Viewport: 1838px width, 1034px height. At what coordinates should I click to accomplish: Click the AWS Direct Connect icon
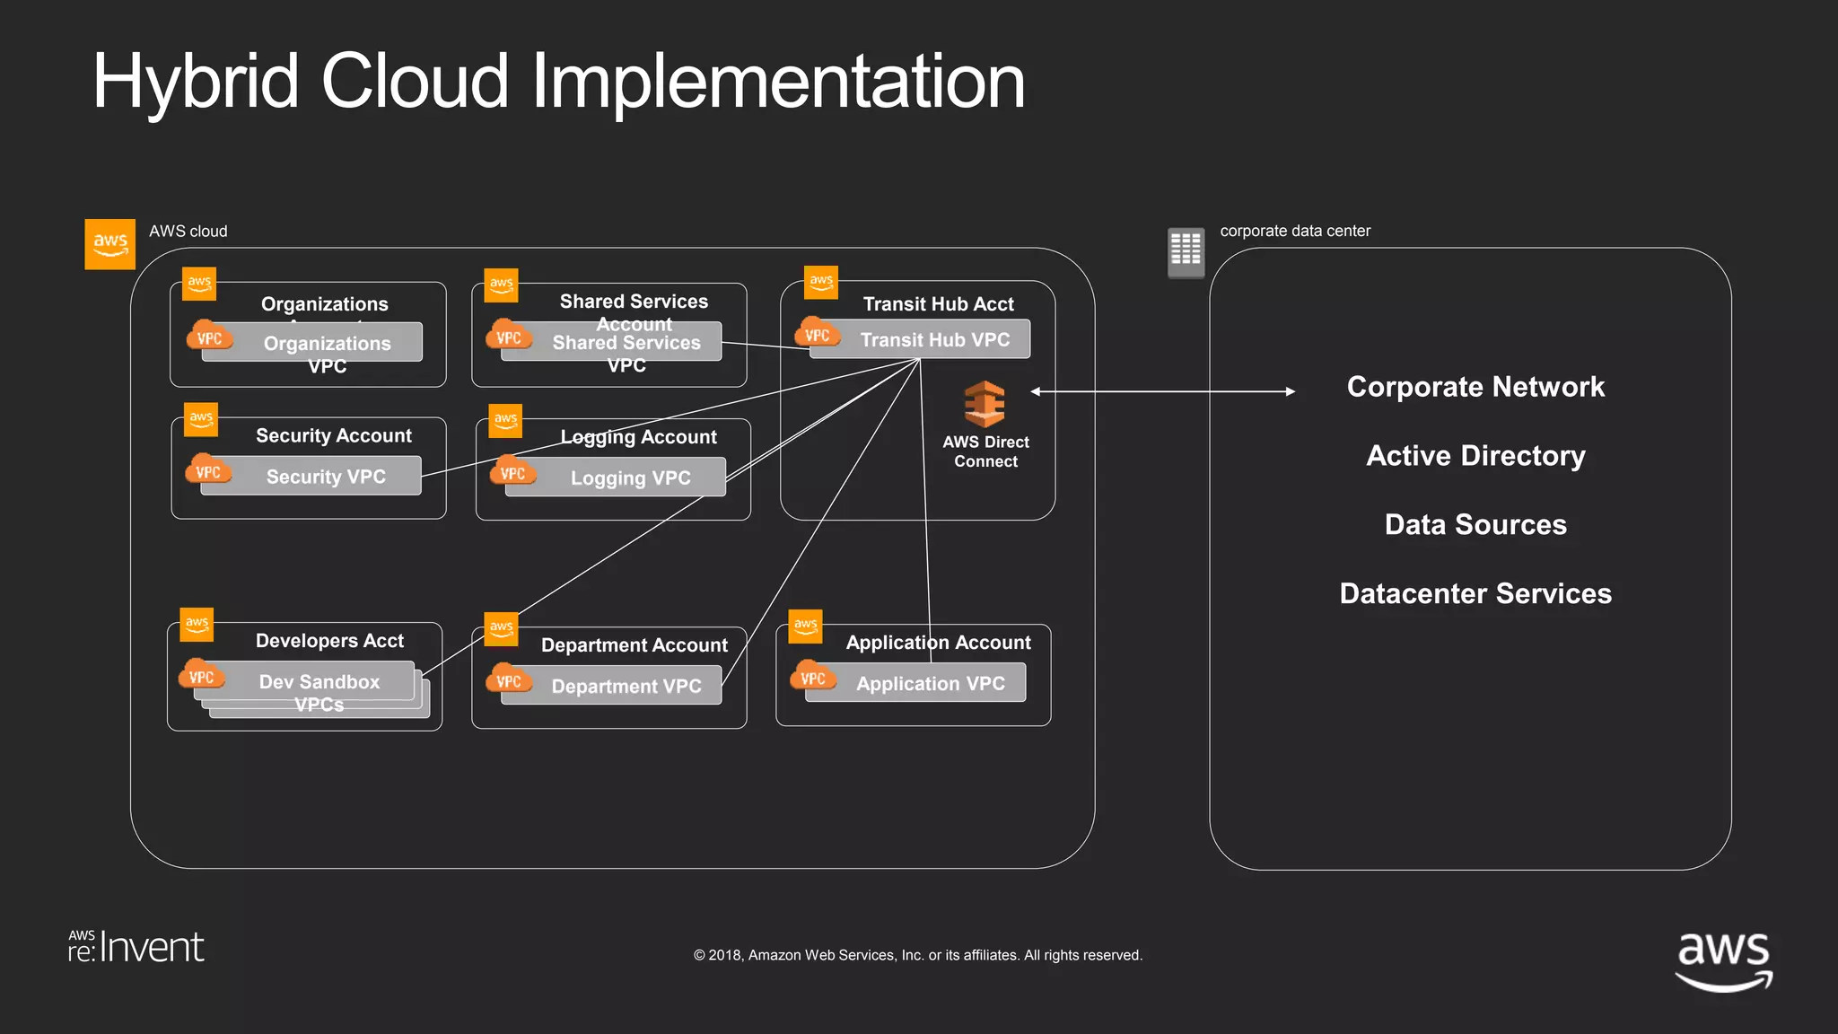[x=985, y=404]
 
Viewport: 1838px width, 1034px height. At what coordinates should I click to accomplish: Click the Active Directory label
[x=1475, y=456]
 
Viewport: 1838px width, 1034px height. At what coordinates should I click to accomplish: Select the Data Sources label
[x=1475, y=524]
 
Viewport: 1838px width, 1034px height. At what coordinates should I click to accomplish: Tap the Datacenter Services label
[x=1475, y=593]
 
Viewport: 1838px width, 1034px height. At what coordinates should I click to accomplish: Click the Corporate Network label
[x=1475, y=387]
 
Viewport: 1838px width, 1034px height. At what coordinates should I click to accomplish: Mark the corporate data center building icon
[x=1186, y=251]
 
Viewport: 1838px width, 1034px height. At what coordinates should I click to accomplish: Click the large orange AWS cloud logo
[x=109, y=243]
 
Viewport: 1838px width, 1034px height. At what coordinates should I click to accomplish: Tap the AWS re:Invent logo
[x=136, y=947]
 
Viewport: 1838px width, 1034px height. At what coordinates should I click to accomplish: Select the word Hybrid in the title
[x=196, y=83]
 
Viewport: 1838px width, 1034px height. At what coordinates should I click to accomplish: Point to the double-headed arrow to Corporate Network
[x=1163, y=391]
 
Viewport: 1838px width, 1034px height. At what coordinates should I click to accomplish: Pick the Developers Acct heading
[x=329, y=641]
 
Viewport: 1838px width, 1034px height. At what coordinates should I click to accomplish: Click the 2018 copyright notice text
[x=917, y=955]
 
